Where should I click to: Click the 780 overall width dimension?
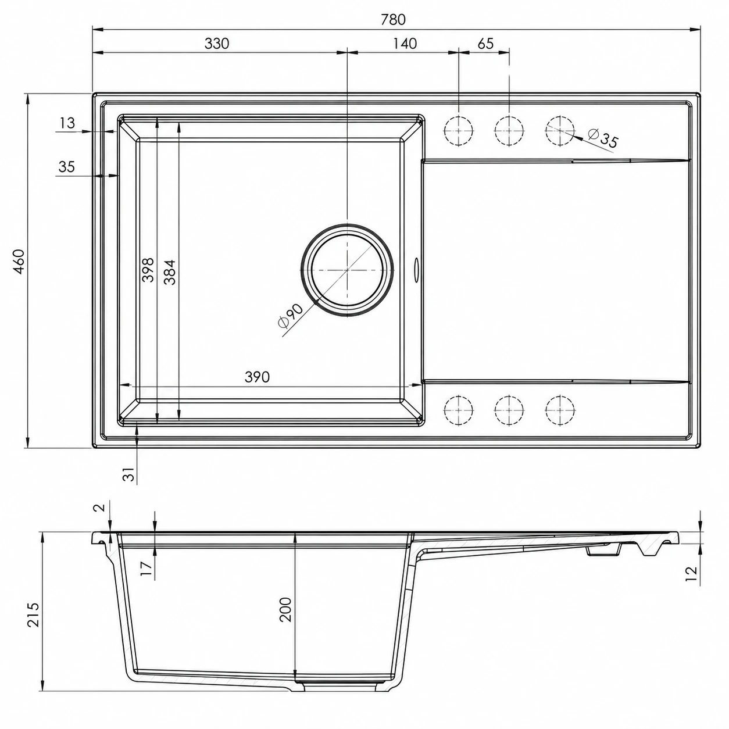(394, 20)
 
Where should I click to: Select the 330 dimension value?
(217, 44)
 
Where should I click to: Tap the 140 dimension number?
(405, 44)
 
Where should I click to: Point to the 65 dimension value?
(485, 44)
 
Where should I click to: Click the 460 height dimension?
(19, 262)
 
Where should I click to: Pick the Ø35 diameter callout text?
(603, 138)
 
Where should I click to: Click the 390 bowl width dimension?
(258, 377)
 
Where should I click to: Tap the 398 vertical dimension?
(148, 270)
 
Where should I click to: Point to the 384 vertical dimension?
(170, 272)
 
